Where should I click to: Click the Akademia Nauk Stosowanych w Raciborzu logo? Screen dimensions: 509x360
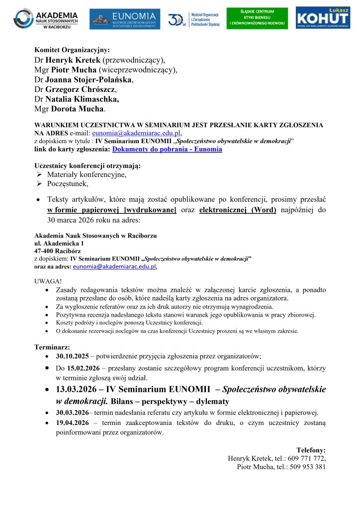point(46,19)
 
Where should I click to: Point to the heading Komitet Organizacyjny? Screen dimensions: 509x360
point(72,50)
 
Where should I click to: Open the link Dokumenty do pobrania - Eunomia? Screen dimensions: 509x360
point(167,149)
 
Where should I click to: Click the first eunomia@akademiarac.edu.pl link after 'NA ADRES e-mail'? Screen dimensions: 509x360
point(137,133)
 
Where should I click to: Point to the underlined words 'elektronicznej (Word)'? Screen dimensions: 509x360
point(238,210)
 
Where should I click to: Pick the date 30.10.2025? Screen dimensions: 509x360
point(73,356)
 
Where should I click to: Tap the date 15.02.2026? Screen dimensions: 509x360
point(83,368)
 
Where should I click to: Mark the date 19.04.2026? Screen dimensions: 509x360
point(73,423)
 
